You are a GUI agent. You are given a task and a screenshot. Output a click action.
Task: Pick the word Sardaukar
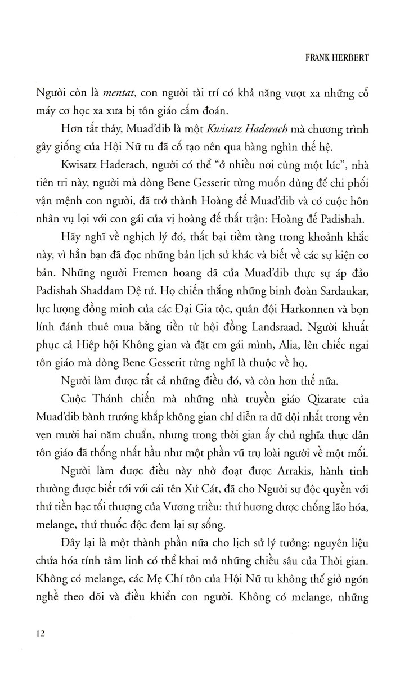pos(339,278)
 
